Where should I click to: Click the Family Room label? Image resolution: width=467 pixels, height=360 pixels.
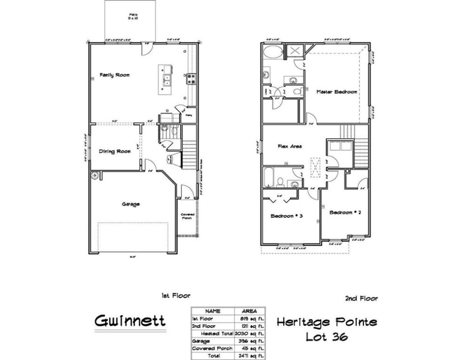pyautogui.click(x=114, y=75)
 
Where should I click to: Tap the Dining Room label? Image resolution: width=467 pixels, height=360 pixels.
pyautogui.click(x=115, y=151)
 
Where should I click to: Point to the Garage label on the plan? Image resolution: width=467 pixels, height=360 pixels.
pyautogui.click(x=130, y=204)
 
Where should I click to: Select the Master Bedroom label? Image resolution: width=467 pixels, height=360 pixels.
pyautogui.click(x=337, y=92)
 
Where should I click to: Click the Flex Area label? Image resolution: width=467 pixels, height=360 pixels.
pyautogui.click(x=290, y=146)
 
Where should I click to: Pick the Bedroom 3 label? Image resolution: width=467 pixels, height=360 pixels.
pyautogui.click(x=287, y=216)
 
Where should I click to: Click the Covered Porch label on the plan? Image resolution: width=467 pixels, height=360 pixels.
pyautogui.click(x=188, y=216)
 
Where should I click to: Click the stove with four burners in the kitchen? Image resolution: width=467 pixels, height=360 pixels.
pyautogui.click(x=191, y=79)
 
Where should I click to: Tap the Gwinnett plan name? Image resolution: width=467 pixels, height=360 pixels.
pyautogui.click(x=130, y=321)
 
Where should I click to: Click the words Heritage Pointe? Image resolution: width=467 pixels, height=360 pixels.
pyautogui.click(x=327, y=323)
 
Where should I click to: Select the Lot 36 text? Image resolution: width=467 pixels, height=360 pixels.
pyautogui.click(x=327, y=337)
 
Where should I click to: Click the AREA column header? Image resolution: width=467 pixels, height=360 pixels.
pyautogui.click(x=249, y=311)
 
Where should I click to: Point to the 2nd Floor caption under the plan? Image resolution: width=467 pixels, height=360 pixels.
pyautogui.click(x=362, y=299)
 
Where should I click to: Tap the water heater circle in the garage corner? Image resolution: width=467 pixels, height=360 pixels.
pyautogui.click(x=95, y=175)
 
